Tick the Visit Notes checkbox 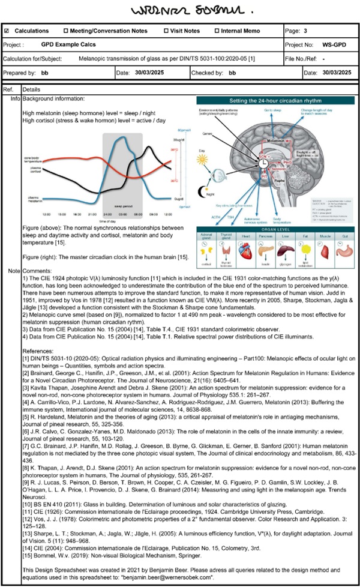point(166,31)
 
